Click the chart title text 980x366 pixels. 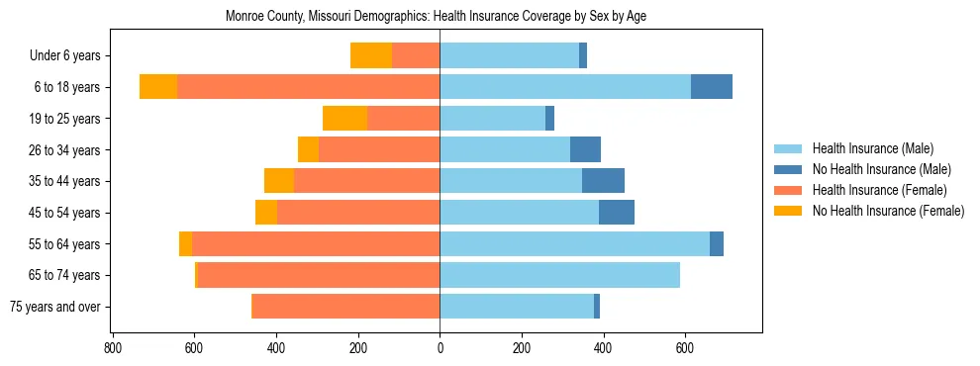point(437,17)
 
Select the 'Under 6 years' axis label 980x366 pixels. point(65,56)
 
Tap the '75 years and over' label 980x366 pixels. point(55,307)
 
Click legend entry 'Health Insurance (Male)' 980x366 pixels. point(872,148)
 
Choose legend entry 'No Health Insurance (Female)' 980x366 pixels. point(888,211)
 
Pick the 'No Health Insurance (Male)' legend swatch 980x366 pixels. point(789,169)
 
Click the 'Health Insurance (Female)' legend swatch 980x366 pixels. point(789,190)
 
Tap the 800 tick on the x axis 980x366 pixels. point(113,347)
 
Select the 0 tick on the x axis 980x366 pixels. point(440,347)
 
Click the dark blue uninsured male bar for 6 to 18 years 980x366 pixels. point(712,87)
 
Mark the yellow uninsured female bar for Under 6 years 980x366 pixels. point(371,56)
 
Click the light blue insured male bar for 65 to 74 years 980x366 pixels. point(560,275)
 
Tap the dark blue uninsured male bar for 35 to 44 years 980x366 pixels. point(603,181)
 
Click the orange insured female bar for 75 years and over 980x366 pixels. point(346,307)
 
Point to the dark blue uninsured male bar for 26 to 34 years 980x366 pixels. point(585,150)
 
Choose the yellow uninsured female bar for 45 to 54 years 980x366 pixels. point(266,213)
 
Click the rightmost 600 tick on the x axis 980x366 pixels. point(685,347)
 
